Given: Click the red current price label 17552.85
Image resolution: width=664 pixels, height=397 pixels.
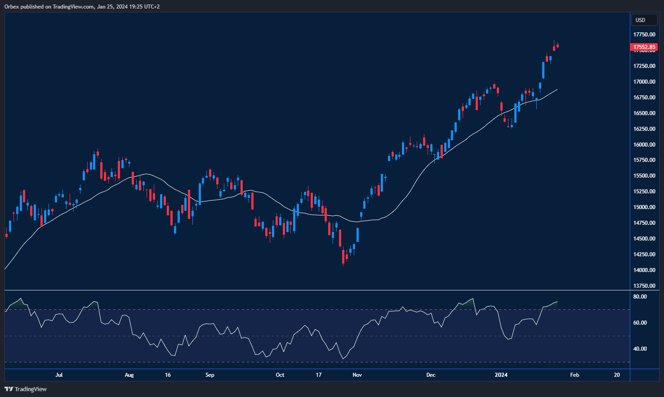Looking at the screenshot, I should pos(644,47).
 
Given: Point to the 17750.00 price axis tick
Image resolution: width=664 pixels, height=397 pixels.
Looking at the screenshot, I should pos(644,35).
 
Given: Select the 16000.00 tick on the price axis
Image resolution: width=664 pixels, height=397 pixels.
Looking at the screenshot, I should pos(644,145).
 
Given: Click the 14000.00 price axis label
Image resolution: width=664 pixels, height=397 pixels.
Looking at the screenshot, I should pos(644,270).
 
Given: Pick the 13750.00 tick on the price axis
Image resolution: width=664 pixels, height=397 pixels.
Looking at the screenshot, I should pos(644,286).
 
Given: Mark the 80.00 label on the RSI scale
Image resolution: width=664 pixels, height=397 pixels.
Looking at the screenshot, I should pos(640,297).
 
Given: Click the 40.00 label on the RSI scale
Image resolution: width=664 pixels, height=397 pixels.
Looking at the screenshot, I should pos(640,349).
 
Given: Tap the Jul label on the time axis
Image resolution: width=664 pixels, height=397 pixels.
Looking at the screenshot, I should pos(59,375).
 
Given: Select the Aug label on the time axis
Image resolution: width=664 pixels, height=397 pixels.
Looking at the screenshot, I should pos(129,375).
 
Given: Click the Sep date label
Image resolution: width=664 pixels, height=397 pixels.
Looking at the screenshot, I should pos(209,375).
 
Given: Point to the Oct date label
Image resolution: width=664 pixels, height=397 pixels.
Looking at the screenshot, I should pos(280,375).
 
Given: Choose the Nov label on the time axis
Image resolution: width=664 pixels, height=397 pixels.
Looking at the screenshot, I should pos(357,375).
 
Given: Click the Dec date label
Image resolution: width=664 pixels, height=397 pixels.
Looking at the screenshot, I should pos(431,375).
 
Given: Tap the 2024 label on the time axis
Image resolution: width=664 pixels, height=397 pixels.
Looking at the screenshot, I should pos(501,375).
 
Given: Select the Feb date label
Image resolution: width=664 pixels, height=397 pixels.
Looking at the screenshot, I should pos(575,375).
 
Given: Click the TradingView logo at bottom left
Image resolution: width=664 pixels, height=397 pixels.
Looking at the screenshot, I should pos(26,389).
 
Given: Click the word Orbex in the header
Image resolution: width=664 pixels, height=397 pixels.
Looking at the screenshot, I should pos(12,7).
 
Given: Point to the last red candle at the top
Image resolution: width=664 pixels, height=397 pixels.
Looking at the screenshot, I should pos(557,45).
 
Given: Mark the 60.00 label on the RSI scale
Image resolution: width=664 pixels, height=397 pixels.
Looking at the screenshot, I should pos(640,323).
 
